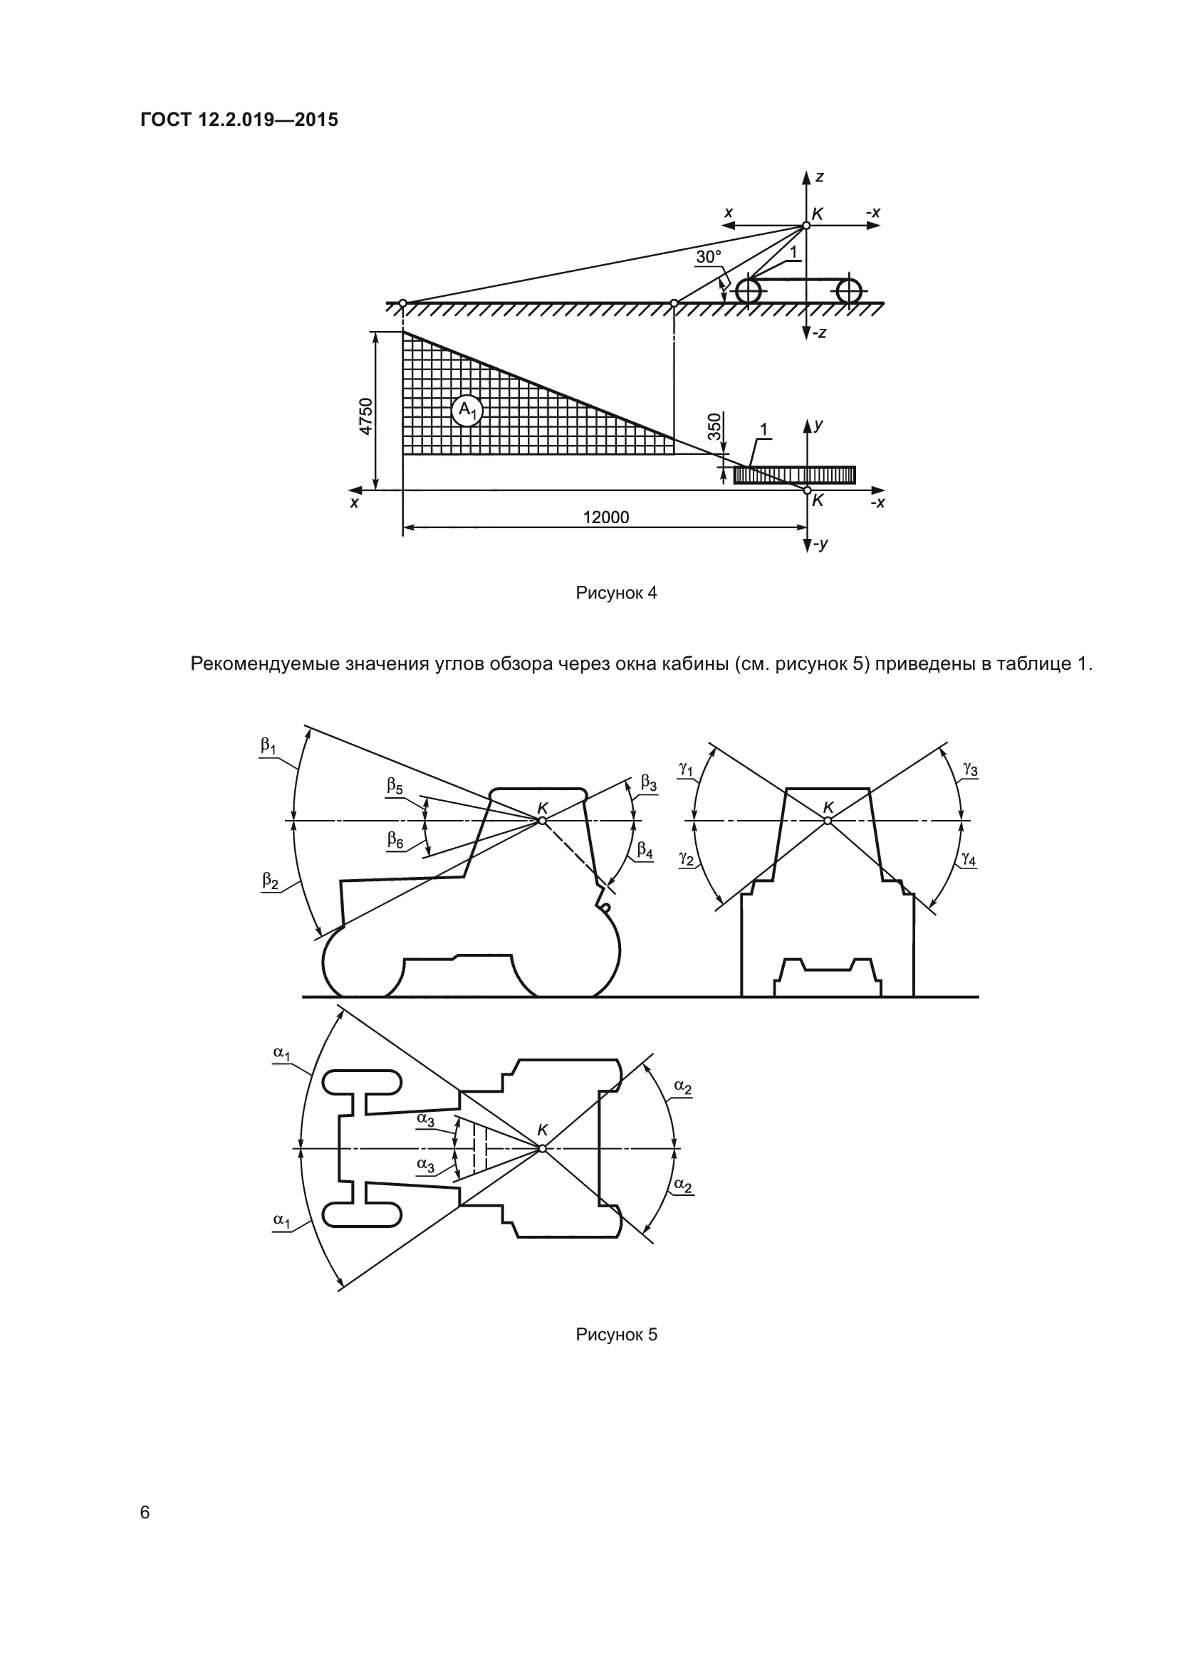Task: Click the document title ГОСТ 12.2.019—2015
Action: tap(239, 120)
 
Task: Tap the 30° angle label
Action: tap(709, 257)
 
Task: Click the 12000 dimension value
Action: tap(605, 517)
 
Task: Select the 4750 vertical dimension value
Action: tap(366, 416)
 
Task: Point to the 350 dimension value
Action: tap(715, 426)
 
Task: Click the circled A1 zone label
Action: tap(467, 411)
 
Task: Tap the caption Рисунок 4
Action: tap(616, 592)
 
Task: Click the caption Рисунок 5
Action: tap(616, 1334)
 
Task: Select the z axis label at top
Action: tap(819, 177)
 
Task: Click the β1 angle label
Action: tap(269, 745)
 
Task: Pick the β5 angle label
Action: tap(395, 785)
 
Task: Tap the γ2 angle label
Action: tap(686, 858)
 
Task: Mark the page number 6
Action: tap(145, 1512)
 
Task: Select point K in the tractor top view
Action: tap(541, 1148)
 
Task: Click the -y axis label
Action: tap(820, 544)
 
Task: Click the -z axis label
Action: tap(820, 334)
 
